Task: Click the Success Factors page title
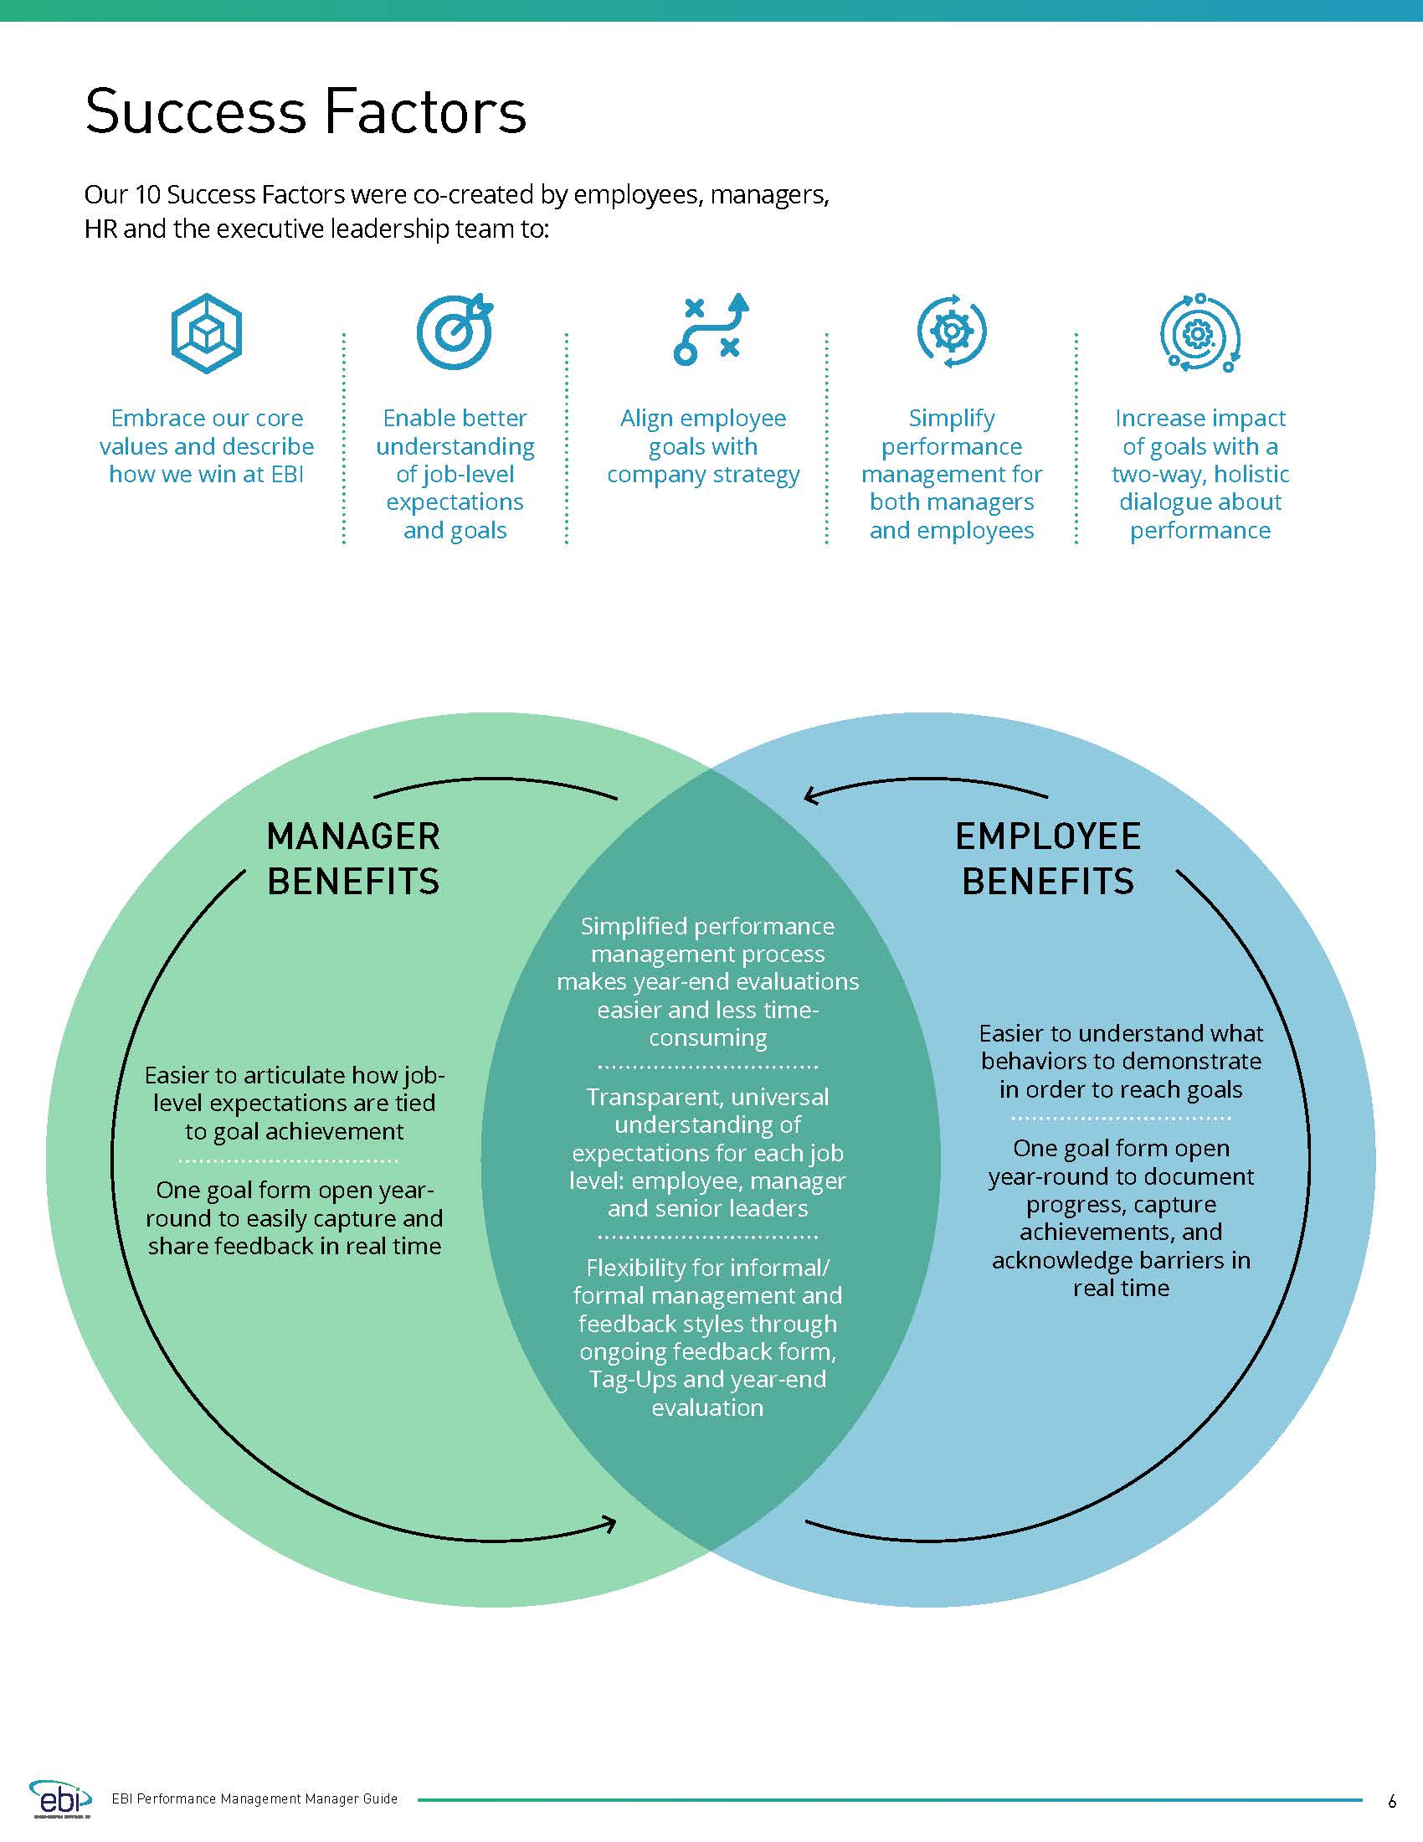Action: click(306, 111)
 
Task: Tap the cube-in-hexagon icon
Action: click(207, 333)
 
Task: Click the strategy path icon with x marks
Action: click(711, 329)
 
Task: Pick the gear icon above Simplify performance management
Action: click(951, 331)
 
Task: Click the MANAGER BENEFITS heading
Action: click(353, 858)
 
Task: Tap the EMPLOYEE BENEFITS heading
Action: click(1048, 858)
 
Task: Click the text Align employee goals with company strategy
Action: click(703, 446)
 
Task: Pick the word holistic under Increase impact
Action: click(1251, 474)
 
